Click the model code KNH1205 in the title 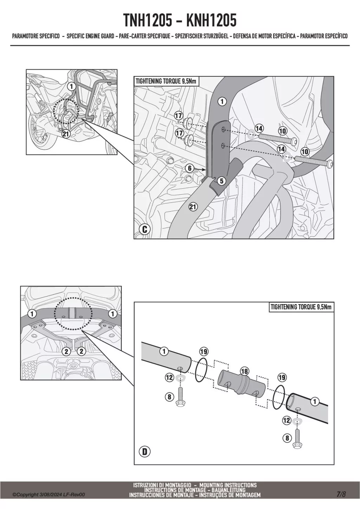211,21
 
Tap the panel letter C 144,230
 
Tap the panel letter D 144,452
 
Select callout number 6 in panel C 190,168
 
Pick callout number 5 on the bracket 221,181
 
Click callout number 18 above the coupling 244,371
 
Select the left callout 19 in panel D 204,351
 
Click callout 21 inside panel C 193,207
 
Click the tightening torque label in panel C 166,82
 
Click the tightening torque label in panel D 301,307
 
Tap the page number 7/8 341,494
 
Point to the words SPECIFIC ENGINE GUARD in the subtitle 90,36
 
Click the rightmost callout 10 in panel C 304,152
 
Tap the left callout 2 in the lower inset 66,351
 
